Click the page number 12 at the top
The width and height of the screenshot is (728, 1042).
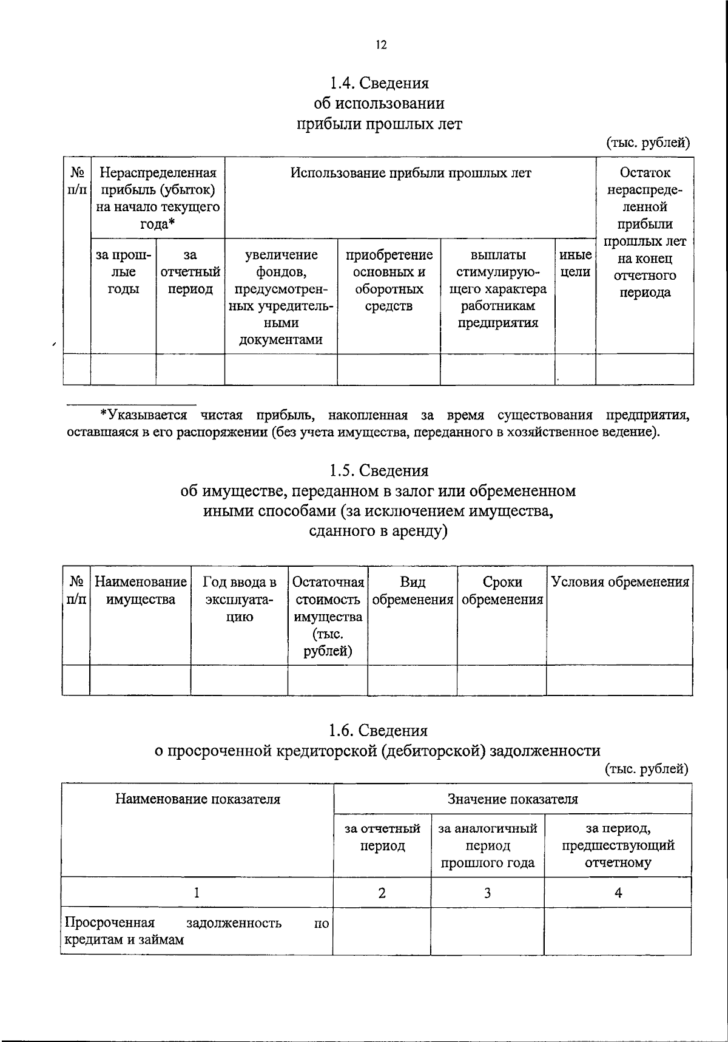click(380, 46)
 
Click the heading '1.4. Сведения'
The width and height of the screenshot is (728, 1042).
click(379, 83)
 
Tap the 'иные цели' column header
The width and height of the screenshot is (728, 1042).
click(575, 263)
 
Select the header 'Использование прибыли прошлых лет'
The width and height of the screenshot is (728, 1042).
click(410, 174)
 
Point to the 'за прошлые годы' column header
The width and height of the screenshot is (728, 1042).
click(123, 272)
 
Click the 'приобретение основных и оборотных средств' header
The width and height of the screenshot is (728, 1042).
click(389, 280)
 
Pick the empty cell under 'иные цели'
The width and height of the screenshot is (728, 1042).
click(575, 369)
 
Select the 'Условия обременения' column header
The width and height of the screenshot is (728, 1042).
click(619, 583)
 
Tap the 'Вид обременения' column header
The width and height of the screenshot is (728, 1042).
click(413, 591)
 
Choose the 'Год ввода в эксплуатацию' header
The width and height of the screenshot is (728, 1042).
click(239, 600)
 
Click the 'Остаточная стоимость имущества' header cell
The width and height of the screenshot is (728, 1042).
click(328, 616)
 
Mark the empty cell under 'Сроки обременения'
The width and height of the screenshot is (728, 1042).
click(501, 680)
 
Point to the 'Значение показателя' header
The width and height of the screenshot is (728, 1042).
click(512, 799)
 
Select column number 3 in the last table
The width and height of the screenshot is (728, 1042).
click(487, 893)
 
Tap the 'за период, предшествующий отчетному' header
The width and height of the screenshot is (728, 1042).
click(618, 845)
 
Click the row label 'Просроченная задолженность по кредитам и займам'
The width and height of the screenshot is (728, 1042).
click(197, 931)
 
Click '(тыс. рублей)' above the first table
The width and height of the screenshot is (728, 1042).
click(648, 143)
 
